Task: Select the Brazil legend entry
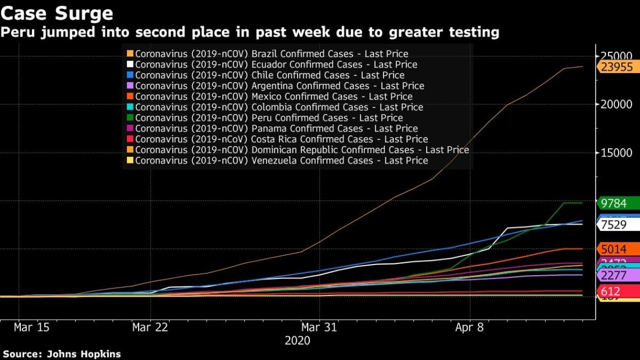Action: [272, 54]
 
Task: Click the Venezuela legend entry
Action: [281, 161]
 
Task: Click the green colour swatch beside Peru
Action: [130, 118]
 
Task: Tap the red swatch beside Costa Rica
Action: [130, 139]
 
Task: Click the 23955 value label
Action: [616, 67]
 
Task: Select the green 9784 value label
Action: [613, 203]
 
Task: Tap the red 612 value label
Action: [610, 291]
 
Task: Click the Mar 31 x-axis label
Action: [319, 327]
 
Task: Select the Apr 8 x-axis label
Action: [469, 327]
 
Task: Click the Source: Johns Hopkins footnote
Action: [61, 354]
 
